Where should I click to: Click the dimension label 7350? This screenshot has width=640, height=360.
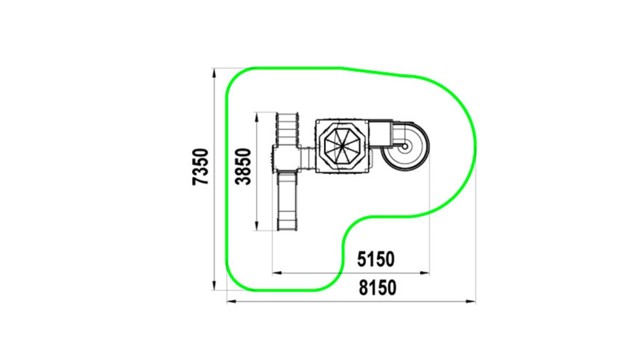200,167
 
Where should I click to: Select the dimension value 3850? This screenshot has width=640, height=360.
243,166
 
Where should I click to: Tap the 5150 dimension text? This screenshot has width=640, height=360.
375,259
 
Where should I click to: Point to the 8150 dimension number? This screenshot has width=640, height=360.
377,287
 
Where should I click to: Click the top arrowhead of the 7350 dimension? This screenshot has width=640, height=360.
214,73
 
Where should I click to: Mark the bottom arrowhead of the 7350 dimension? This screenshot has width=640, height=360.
214,285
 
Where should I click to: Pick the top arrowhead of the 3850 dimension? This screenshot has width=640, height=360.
256,117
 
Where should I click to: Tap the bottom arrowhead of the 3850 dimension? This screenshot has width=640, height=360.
256,225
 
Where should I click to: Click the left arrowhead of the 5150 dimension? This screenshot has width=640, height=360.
277,273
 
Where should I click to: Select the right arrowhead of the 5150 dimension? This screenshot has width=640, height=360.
424,273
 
